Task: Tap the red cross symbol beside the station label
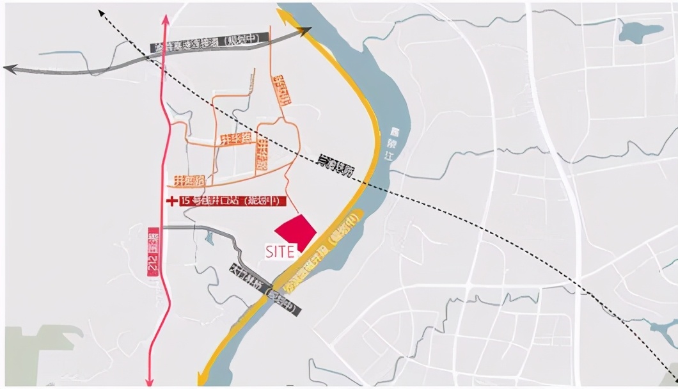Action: [171, 201]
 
